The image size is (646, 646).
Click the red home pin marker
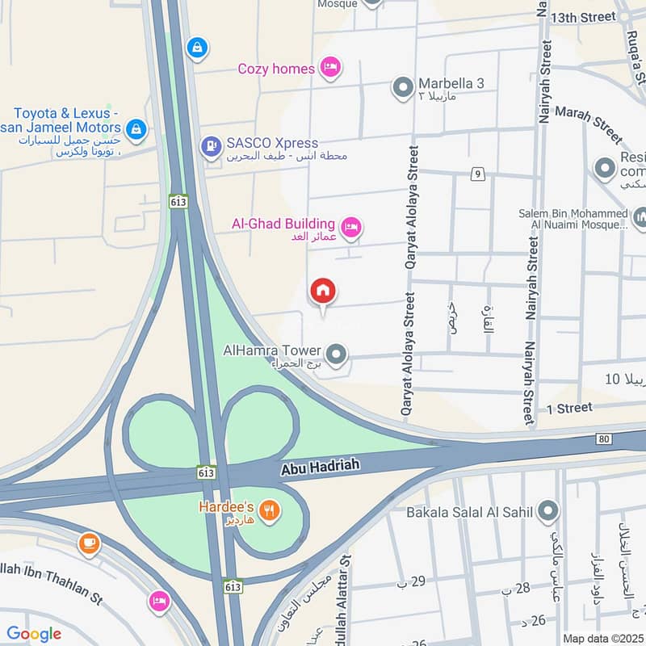pos(323,292)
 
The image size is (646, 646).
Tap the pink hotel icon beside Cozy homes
pos(329,68)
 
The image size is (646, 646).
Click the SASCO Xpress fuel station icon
pos(211,145)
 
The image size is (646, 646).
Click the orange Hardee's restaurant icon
pos(271,510)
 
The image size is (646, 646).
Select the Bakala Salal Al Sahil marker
pos(548,510)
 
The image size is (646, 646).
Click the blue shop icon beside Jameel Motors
pos(136,128)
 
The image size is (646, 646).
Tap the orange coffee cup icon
pos(90,543)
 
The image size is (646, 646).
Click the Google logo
pos(34,634)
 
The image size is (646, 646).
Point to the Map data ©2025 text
pos(602,638)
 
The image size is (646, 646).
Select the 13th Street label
pos(582,17)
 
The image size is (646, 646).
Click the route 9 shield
pos(479,174)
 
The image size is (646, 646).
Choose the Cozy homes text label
pos(276,69)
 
